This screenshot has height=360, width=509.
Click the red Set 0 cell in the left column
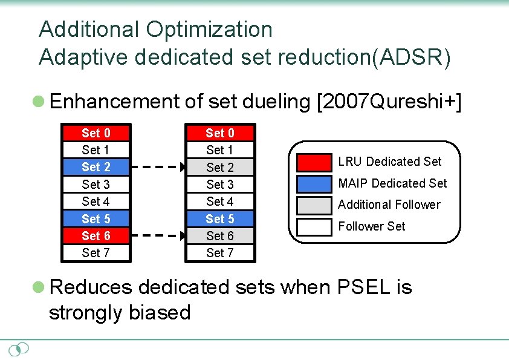[96, 133]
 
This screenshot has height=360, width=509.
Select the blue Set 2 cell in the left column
[96, 167]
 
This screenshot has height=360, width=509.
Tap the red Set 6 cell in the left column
[96, 235]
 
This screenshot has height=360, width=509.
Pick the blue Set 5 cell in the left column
[96, 218]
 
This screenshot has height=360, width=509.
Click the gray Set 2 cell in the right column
[219, 168]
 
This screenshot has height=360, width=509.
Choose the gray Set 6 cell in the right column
[219, 236]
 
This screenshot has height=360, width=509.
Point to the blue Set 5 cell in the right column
[219, 218]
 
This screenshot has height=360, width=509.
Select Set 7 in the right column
[219, 253]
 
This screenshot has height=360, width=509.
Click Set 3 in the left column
[96, 184]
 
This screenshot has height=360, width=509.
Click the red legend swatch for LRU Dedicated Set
[314, 162]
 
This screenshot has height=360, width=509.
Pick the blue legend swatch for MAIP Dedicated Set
[314, 183]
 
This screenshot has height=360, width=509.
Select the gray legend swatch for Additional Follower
[314, 205]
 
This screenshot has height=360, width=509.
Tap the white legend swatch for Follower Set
[314, 226]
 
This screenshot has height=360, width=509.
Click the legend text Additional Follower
[389, 205]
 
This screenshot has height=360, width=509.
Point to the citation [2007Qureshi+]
[389, 102]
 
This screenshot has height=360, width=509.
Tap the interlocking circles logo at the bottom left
[19, 349]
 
